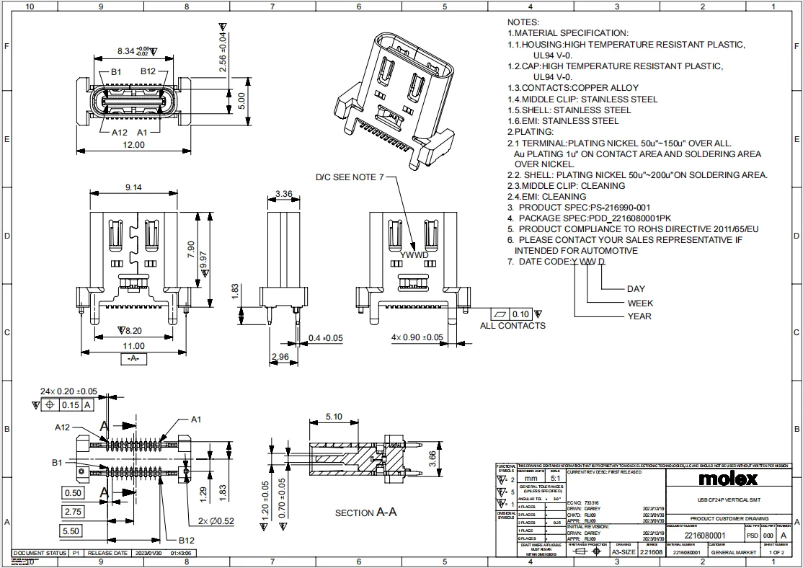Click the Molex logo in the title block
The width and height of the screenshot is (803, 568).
tap(727, 479)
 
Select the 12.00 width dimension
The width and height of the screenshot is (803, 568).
tap(133, 144)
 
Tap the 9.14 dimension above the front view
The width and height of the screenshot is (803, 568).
tap(133, 187)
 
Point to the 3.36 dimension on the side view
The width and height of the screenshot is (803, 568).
tap(283, 194)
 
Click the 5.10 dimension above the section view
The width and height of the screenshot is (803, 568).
tap(334, 416)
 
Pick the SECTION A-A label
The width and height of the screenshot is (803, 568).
tap(366, 512)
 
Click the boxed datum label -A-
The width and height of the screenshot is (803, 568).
tap(133, 358)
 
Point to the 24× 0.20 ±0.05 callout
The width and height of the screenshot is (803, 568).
tap(68, 391)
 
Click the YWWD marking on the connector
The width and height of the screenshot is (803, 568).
tap(413, 254)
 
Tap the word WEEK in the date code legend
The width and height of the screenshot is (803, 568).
tap(640, 303)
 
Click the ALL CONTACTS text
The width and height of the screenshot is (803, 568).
tap(513, 326)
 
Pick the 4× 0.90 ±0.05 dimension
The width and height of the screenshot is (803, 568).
tap(417, 337)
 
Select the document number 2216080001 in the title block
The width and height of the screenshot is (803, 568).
tap(705, 536)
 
